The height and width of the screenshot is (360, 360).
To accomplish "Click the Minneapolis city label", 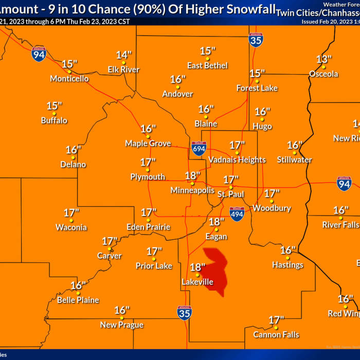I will pos(192,190).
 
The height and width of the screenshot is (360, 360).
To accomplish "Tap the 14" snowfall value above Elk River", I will pos(123,55).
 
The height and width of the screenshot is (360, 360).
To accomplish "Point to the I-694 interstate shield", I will pos(199,149).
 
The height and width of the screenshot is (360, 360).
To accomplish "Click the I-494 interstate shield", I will pos(237,214).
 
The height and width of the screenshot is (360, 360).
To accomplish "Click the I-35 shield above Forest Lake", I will pos(256,39).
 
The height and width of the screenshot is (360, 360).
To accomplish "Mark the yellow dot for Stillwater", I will pos(294,152).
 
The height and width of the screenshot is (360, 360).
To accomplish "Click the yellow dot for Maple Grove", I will pos(148,136).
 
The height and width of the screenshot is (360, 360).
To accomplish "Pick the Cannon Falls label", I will pos(276,335).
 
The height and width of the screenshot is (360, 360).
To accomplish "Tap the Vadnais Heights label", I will pos(237,160).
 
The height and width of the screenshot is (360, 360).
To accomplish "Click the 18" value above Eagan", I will pos(217,222).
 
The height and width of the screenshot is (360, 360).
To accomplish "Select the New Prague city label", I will pos(121,325).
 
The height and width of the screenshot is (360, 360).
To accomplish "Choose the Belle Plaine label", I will pos(78,300).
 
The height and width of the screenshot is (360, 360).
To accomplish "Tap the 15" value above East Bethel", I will pos(207,51).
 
